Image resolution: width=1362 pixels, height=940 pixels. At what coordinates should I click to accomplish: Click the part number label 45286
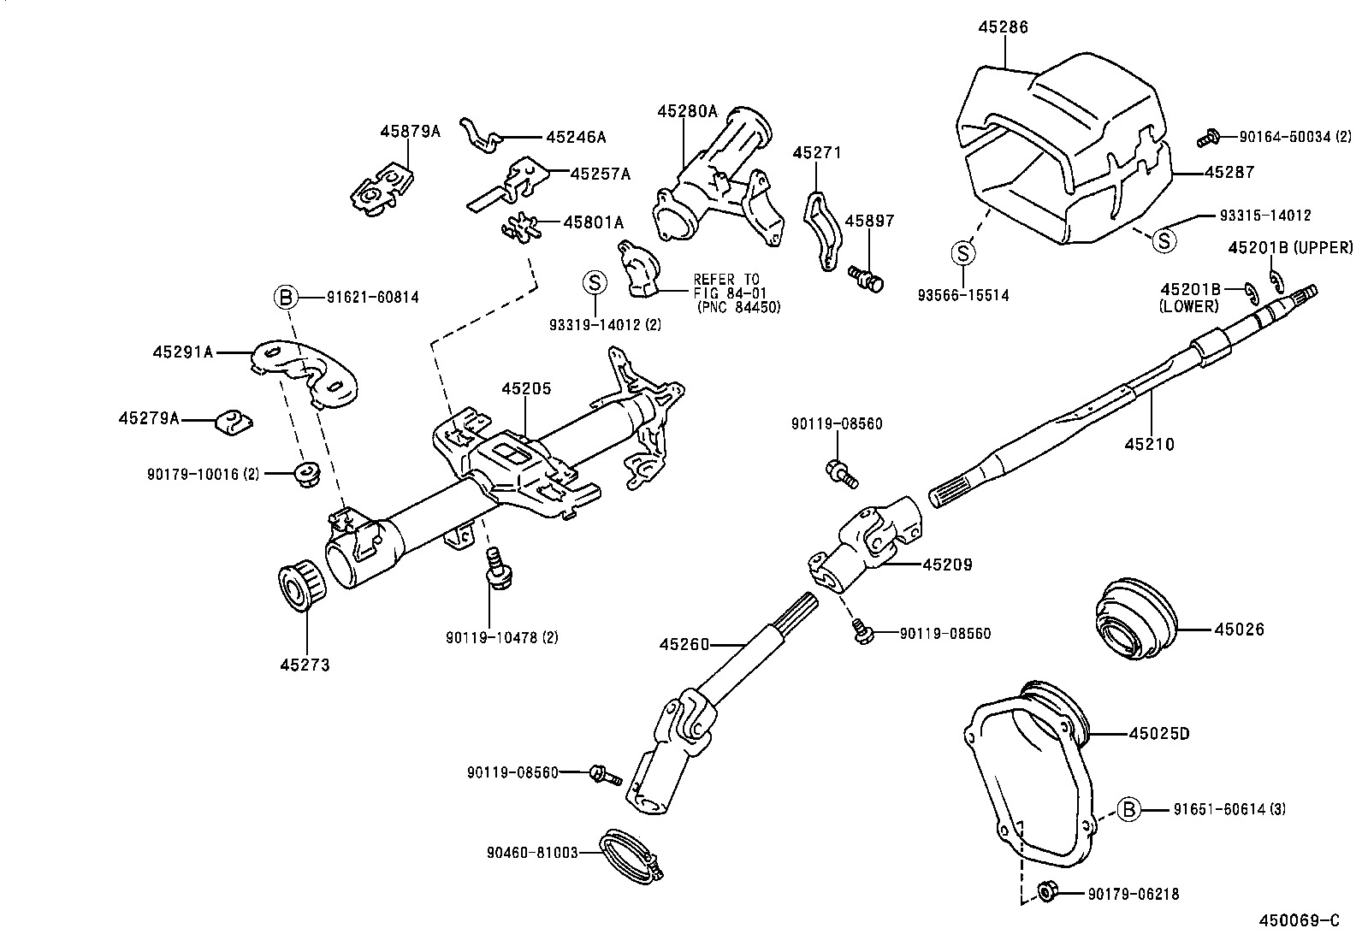[1003, 27]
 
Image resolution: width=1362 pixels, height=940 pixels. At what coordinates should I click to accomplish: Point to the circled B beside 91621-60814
[286, 298]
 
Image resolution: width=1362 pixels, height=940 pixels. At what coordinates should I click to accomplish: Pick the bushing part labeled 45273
[303, 589]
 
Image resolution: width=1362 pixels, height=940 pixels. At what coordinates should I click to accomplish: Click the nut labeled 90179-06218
[1045, 892]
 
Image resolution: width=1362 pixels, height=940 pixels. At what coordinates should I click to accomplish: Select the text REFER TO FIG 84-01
[725, 286]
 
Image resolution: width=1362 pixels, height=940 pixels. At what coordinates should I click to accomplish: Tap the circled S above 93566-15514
[963, 253]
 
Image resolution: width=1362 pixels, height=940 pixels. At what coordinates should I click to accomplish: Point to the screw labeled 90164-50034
[1208, 135]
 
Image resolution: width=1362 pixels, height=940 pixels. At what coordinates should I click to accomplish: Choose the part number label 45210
[1149, 445]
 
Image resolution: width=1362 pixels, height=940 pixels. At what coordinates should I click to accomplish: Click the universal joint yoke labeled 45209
[868, 546]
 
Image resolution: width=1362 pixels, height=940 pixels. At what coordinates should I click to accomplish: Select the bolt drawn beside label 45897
[866, 278]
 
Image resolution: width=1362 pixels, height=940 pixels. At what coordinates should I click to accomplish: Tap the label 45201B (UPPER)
[1290, 248]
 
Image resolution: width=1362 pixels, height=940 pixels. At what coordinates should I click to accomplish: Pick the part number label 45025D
[1159, 734]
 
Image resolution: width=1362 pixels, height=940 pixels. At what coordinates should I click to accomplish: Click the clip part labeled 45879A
[382, 192]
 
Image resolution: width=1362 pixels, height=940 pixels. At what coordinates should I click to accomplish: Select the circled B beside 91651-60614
[1129, 809]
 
